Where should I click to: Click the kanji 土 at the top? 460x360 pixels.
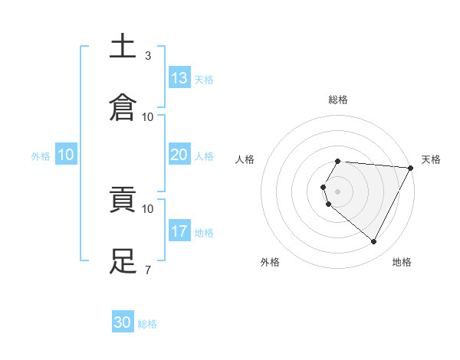point(123,47)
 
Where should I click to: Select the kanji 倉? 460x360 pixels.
point(123,108)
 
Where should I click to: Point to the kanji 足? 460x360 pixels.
point(123,261)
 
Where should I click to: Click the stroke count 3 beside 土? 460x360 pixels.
point(147,55)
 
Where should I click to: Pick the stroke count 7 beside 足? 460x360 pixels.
point(147,270)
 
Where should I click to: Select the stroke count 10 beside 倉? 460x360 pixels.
point(148,116)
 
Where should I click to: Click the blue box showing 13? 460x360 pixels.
point(179,78)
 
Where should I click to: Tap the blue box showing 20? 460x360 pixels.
point(179,155)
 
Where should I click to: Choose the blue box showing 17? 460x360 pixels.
point(179,231)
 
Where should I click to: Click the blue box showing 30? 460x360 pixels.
point(123,322)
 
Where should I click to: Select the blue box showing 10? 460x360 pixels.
point(66,155)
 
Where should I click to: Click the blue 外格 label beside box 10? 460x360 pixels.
point(41,156)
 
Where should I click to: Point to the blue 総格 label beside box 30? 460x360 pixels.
point(147,324)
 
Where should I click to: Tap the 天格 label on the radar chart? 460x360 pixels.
point(431,159)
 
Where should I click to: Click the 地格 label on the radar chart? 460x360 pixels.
point(402,262)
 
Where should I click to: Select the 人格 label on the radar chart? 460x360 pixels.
point(245,159)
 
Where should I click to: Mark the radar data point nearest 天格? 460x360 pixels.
point(411,168)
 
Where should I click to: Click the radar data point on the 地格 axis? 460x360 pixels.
point(374,242)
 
